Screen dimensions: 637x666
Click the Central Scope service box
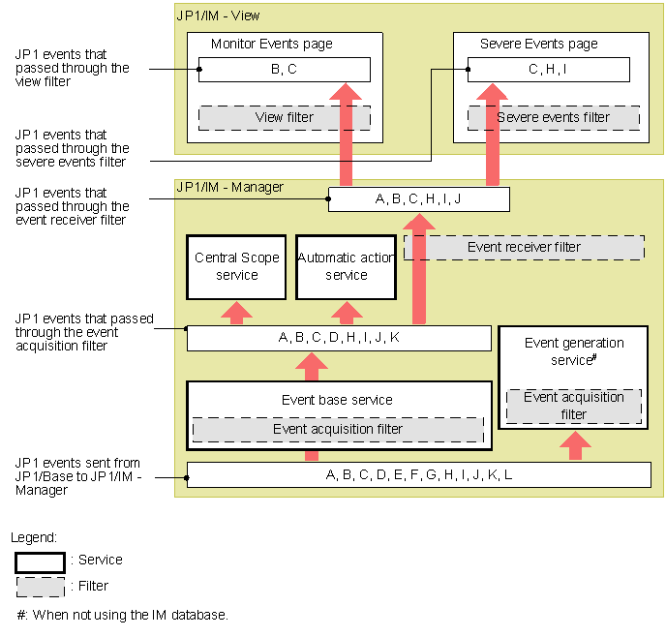[237, 266]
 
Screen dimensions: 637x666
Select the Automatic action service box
[346, 266]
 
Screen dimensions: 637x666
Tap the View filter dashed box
[284, 117]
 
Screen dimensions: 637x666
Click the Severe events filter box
[554, 117]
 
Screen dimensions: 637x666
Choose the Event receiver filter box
[524, 247]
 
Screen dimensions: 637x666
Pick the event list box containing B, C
[284, 70]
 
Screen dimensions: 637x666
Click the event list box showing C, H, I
[548, 70]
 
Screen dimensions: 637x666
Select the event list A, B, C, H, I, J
[418, 199]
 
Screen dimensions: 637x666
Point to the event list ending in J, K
[339, 338]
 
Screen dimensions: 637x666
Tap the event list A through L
[418, 474]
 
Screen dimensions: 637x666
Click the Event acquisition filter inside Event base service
[338, 429]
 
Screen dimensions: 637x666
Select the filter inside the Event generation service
[574, 407]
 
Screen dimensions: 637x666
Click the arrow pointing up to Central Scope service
[237, 312]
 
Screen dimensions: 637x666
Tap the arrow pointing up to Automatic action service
[346, 312]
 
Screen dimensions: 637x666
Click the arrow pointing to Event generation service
[575, 445]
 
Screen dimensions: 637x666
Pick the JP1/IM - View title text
[218, 15]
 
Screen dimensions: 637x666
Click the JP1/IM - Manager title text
[229, 186]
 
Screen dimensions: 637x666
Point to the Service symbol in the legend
[40, 561]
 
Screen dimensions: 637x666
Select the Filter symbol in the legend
[40, 587]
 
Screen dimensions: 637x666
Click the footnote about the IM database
[121, 615]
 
